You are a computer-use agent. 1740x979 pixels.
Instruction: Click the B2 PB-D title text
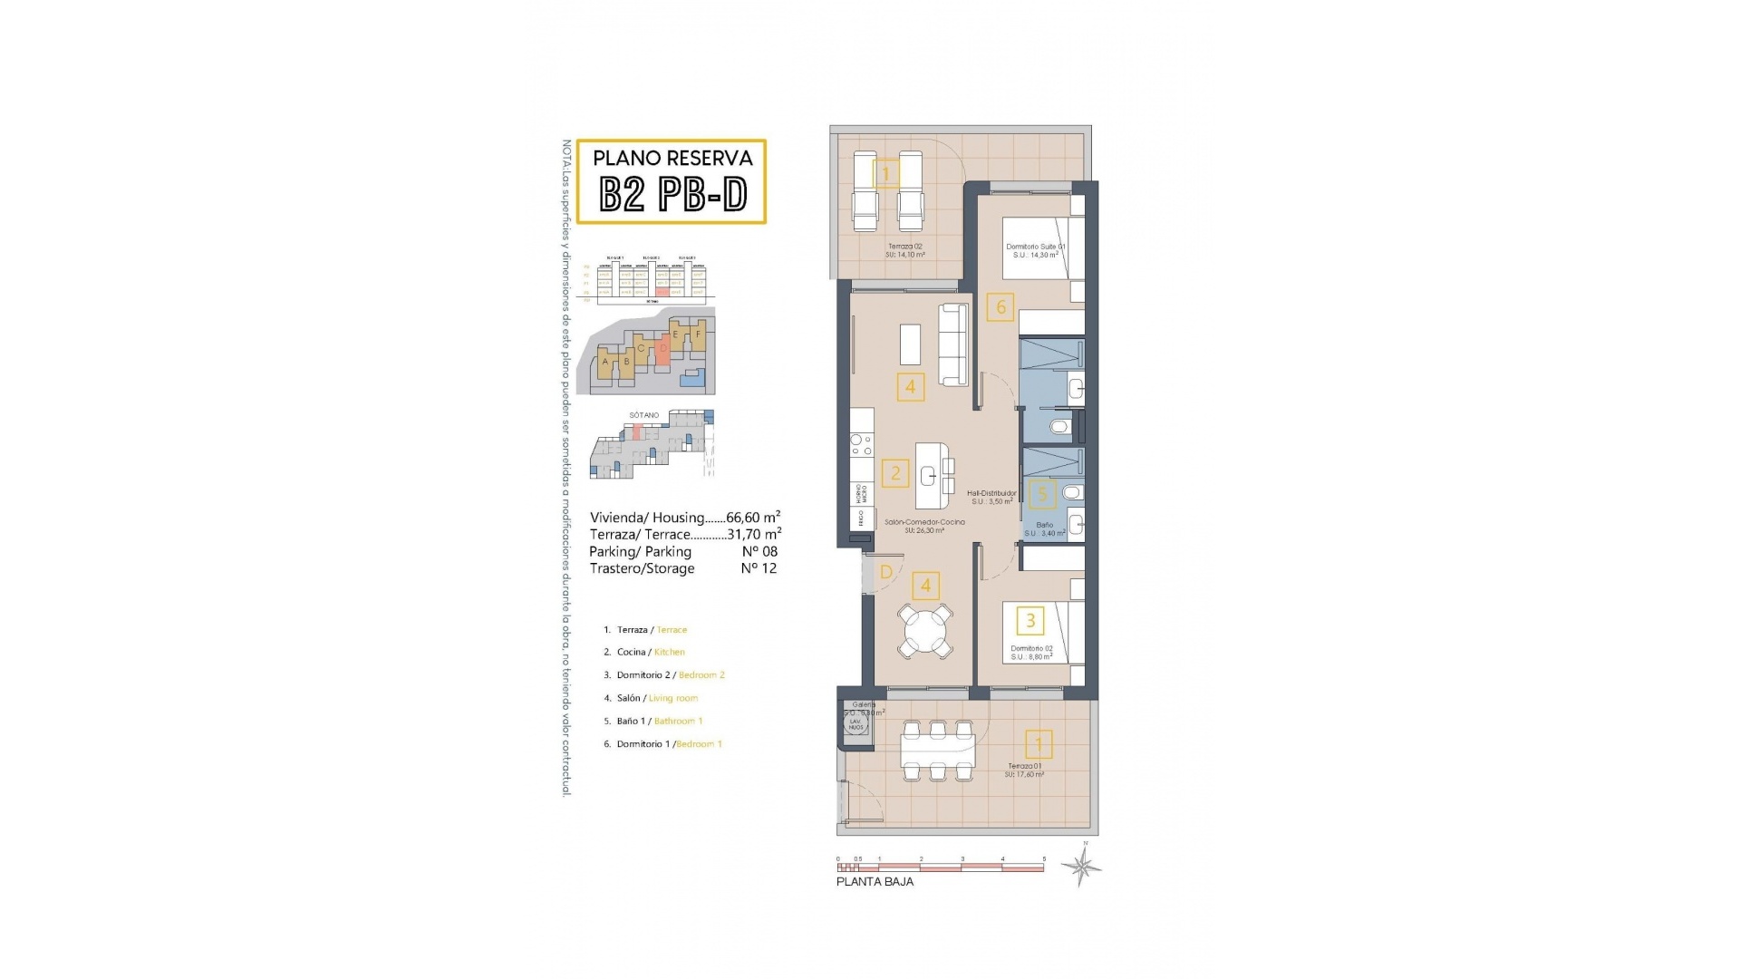click(x=673, y=194)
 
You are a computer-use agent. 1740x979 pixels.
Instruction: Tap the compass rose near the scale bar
click(x=1082, y=867)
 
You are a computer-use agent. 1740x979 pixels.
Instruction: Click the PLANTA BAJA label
click(x=875, y=882)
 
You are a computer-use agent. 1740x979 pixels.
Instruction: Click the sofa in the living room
click(x=952, y=344)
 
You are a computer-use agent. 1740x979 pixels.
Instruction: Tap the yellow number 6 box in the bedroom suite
click(x=1000, y=307)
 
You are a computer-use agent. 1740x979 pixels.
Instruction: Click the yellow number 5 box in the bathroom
click(x=1042, y=494)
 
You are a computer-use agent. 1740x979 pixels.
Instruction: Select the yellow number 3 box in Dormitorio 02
click(x=1030, y=621)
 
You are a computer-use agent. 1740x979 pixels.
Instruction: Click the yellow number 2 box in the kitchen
click(x=895, y=472)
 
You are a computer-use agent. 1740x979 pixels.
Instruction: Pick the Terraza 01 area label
click(x=1024, y=771)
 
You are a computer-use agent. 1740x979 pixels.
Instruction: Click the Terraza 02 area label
click(x=904, y=251)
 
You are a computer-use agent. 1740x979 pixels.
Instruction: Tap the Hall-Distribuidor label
click(x=991, y=498)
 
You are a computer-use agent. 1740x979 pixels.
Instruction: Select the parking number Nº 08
click(x=759, y=551)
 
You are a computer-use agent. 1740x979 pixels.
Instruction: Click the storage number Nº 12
click(x=759, y=568)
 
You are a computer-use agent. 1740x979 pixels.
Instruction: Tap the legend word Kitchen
click(x=669, y=652)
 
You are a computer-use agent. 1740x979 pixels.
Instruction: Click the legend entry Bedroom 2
click(x=701, y=675)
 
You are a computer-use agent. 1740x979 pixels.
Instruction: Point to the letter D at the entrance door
click(x=886, y=572)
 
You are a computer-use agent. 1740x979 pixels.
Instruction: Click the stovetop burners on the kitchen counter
click(x=861, y=444)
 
